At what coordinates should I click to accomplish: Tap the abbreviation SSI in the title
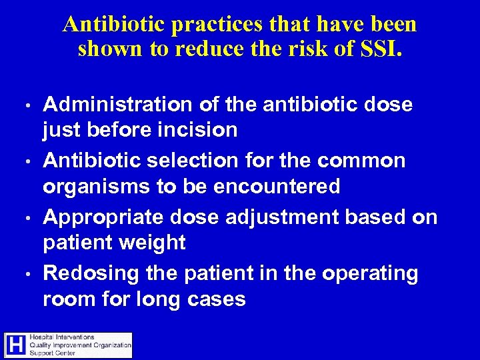[381, 49]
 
